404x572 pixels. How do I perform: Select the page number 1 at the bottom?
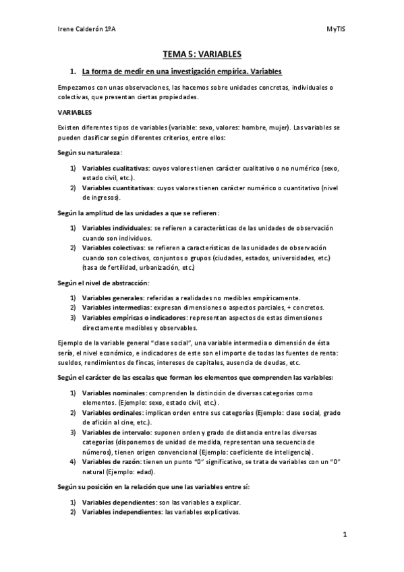(x=344, y=536)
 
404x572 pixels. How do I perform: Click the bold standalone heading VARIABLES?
(x=75, y=112)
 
